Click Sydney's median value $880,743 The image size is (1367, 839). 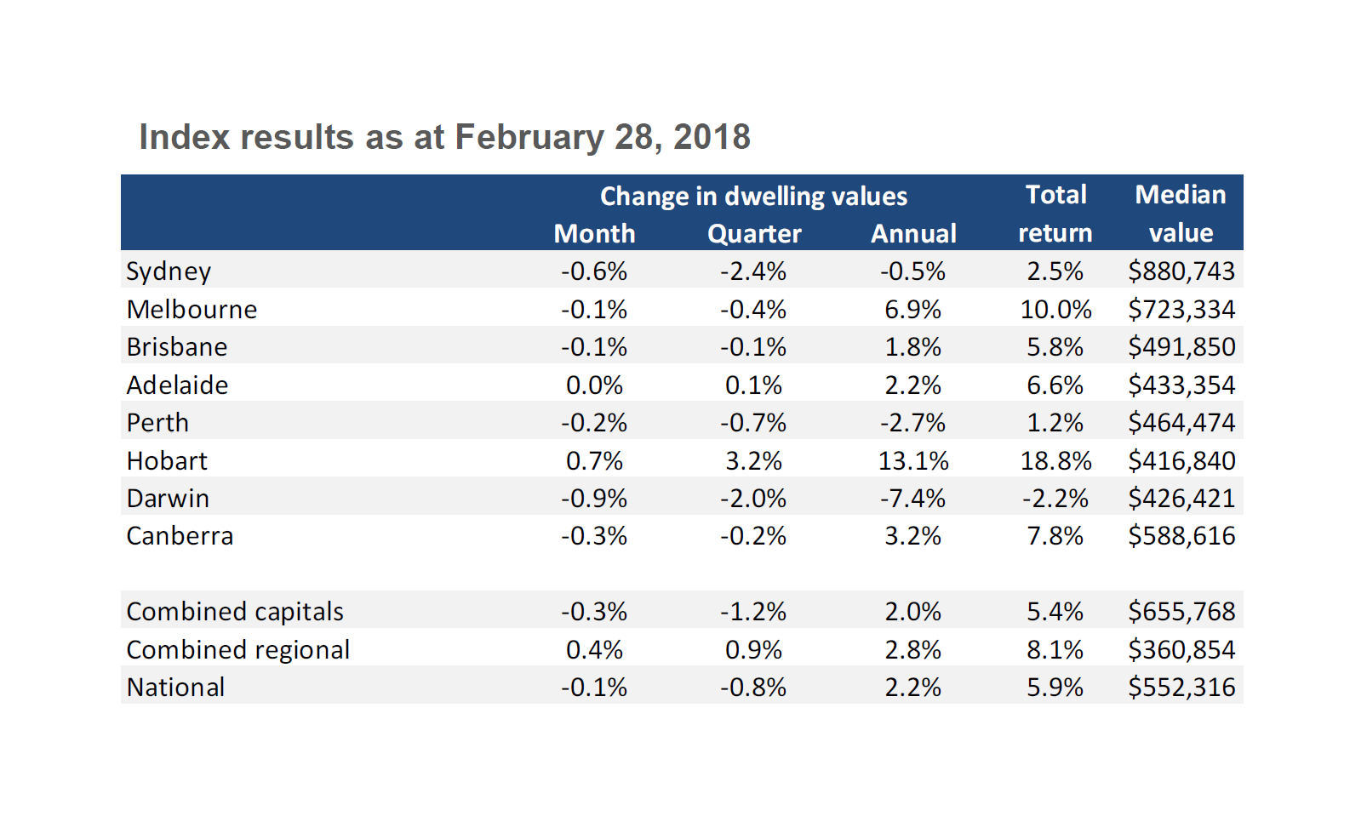(x=1181, y=271)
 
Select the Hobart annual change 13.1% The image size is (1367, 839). (x=912, y=461)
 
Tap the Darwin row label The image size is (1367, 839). (x=168, y=499)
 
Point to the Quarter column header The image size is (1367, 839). (x=754, y=234)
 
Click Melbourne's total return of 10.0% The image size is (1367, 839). (x=1055, y=310)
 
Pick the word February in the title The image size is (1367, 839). (x=529, y=137)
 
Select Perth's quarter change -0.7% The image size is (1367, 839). (x=753, y=423)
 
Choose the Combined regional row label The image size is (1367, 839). (x=238, y=650)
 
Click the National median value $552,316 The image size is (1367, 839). (x=1181, y=688)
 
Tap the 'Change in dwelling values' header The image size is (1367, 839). (x=753, y=197)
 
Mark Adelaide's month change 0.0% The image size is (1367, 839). (x=594, y=385)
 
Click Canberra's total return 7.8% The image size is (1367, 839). (x=1055, y=536)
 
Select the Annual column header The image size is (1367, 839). (x=913, y=234)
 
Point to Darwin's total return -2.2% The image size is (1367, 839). (x=1055, y=499)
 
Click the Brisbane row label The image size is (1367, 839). (x=177, y=347)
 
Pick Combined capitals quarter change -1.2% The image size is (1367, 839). (x=753, y=612)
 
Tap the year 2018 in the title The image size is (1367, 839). (x=712, y=137)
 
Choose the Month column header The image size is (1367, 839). (x=594, y=234)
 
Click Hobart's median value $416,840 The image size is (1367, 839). (x=1181, y=461)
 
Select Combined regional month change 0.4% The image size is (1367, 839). (x=594, y=650)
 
